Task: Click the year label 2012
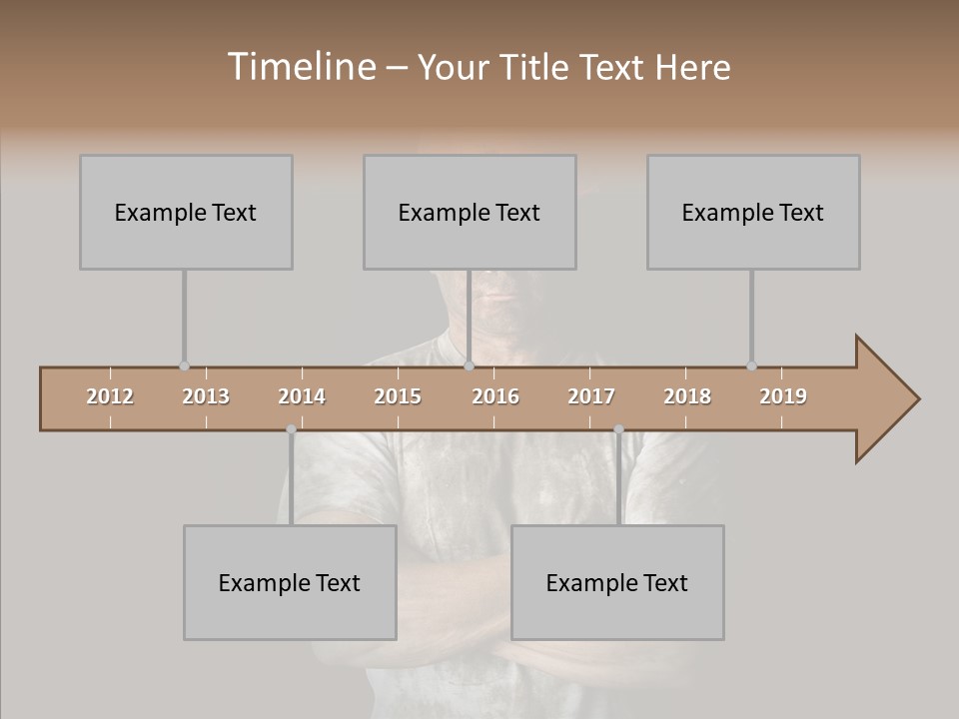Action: pyautogui.click(x=110, y=396)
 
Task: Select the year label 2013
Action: pyautogui.click(x=206, y=396)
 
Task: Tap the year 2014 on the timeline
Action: pyautogui.click(x=302, y=396)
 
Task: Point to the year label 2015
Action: pyautogui.click(x=398, y=396)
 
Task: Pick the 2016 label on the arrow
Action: pyautogui.click(x=495, y=396)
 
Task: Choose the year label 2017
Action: pyautogui.click(x=591, y=396)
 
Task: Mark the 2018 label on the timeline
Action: pyautogui.click(x=687, y=396)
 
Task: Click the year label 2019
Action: pyautogui.click(x=783, y=396)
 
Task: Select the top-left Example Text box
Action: pyautogui.click(x=186, y=213)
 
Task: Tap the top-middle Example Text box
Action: pyautogui.click(x=470, y=213)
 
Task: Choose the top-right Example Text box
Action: pyautogui.click(x=753, y=213)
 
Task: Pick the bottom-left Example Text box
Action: pyautogui.click(x=290, y=583)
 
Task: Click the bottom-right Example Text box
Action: pyautogui.click(x=617, y=583)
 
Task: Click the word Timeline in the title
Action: pyautogui.click(x=300, y=67)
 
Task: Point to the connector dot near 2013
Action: pyautogui.click(x=184, y=366)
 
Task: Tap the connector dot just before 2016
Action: pyautogui.click(x=469, y=366)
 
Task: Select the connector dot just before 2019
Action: pyautogui.click(x=751, y=366)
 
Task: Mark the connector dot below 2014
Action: pyautogui.click(x=291, y=429)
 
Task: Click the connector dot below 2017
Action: pyautogui.click(x=618, y=429)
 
